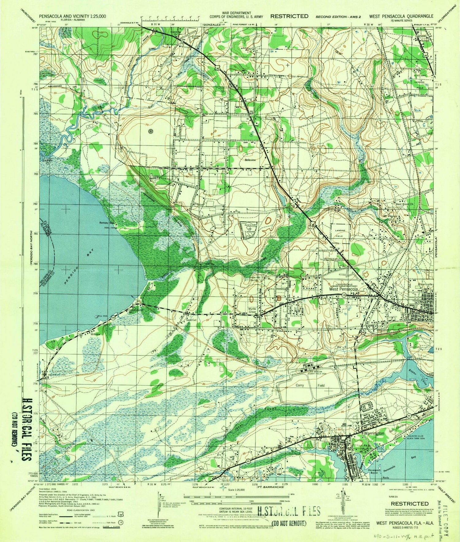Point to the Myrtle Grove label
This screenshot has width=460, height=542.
click(x=252, y=310)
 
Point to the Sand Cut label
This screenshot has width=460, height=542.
click(x=191, y=320)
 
